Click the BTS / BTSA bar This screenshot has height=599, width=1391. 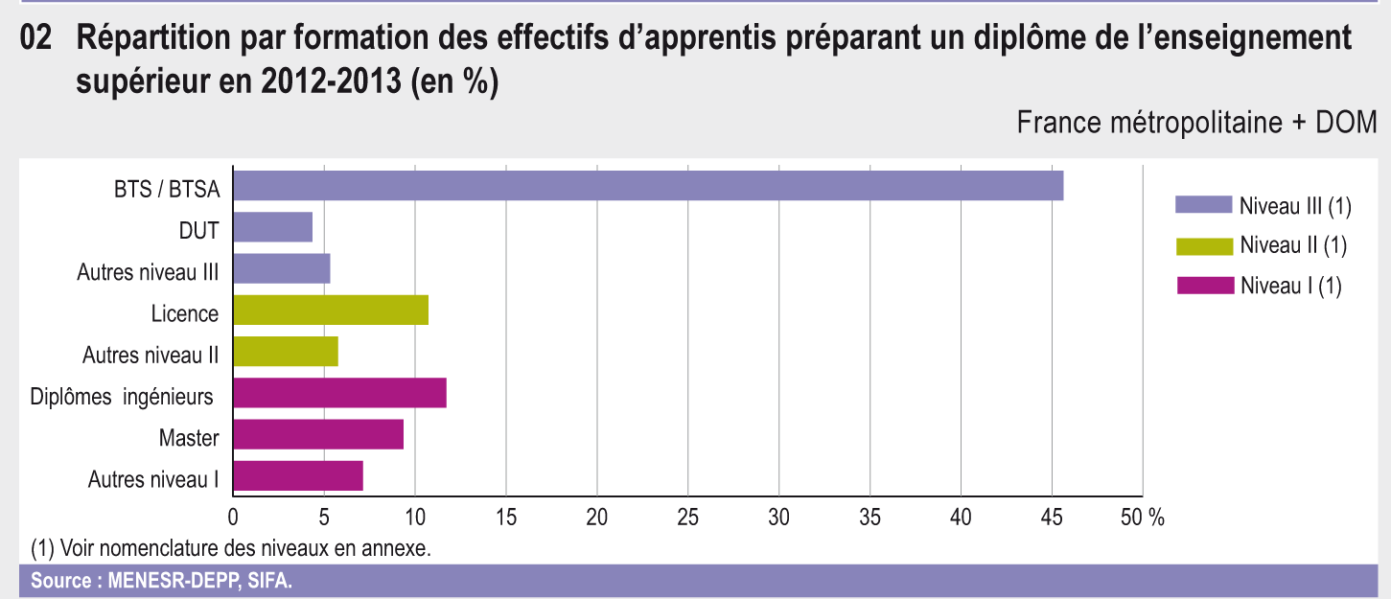coord(648,186)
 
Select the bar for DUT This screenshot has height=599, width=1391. coord(272,227)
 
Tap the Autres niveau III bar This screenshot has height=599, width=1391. coord(281,269)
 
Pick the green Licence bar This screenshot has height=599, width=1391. coord(330,311)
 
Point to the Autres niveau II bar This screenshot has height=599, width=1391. coord(285,352)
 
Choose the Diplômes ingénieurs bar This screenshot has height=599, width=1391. coord(339,393)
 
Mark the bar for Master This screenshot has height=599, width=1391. coord(317,434)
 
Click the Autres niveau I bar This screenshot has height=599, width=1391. coord(297,475)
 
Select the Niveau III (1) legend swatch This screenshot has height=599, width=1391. coord(1203,204)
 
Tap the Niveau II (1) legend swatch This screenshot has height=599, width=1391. coord(1203,245)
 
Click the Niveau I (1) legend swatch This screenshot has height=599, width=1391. coord(1203,286)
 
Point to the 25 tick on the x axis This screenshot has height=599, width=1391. coord(688,518)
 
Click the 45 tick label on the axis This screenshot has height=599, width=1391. coord(1052,518)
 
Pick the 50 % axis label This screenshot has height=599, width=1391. coord(1143,518)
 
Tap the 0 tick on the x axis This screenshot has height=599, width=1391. coord(233,518)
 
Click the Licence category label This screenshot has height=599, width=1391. coord(184,313)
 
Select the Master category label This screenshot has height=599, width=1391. coord(189,439)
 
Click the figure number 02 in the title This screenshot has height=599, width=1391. coord(35,39)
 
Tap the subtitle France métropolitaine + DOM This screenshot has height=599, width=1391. coord(1196,124)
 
